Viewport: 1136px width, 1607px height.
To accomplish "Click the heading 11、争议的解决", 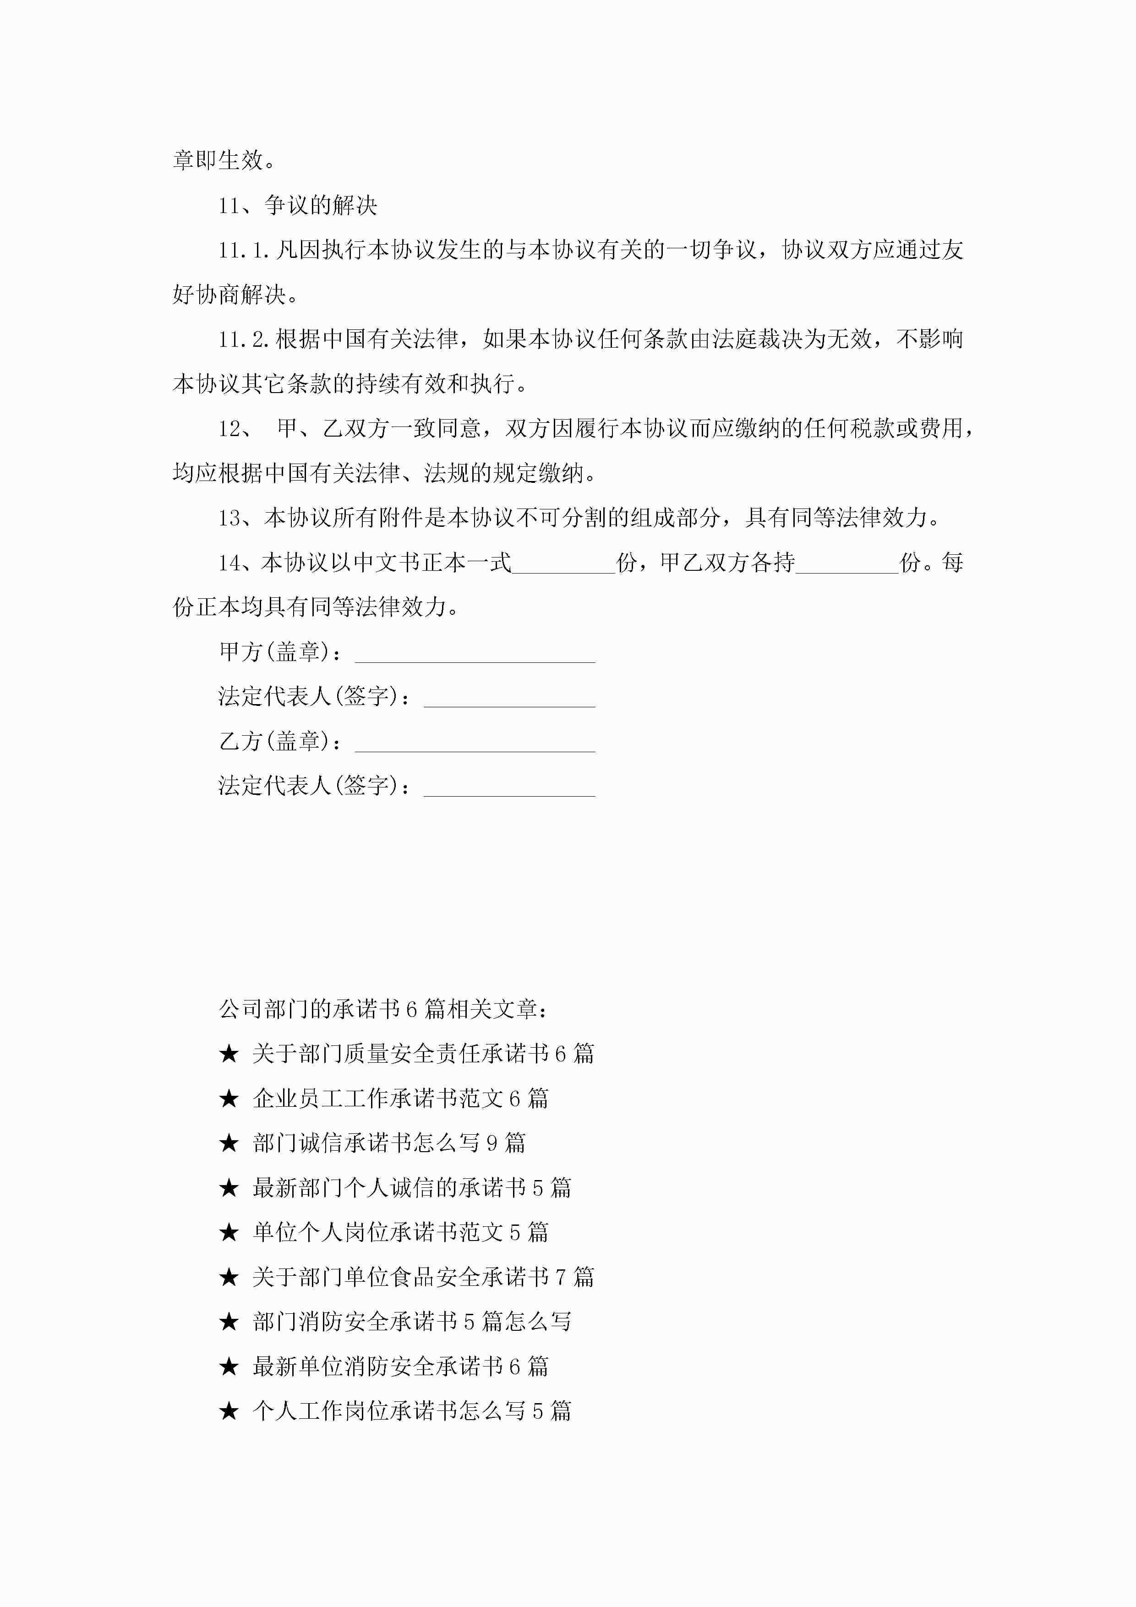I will point(297,205).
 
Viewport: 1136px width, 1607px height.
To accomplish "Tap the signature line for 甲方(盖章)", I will point(475,654).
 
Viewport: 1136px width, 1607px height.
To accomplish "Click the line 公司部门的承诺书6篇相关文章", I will point(383,1009).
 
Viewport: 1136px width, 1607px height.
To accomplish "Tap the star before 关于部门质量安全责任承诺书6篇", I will point(229,1054).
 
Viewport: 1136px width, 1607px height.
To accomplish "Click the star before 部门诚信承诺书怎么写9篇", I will point(229,1144).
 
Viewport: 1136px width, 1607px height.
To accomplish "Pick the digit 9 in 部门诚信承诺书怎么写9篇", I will point(492,1144).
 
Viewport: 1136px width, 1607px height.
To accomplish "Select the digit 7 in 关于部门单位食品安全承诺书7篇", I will point(561,1277).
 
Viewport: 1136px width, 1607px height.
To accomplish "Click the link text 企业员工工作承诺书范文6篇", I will point(400,1099).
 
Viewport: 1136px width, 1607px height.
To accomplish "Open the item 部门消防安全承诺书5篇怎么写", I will point(412,1322).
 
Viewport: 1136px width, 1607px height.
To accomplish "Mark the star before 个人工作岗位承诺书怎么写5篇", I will point(229,1412).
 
